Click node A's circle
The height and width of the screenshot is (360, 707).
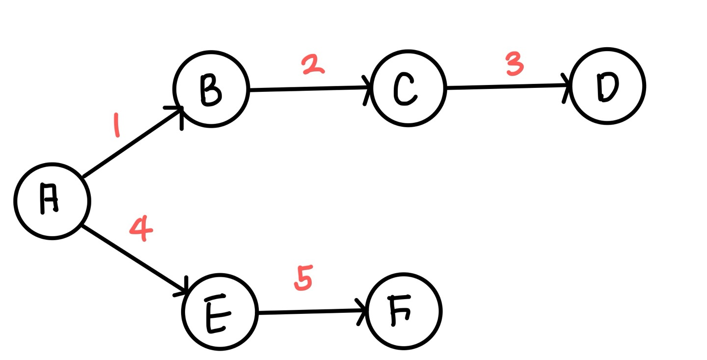pyautogui.click(x=52, y=201)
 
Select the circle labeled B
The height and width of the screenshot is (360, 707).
pyautogui.click(x=211, y=89)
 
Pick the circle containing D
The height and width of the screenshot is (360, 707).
pyautogui.click(x=608, y=87)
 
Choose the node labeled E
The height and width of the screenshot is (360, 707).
pyautogui.click(x=219, y=312)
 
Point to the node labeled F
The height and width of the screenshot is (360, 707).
pyautogui.click(x=405, y=311)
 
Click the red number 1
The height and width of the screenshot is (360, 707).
pyautogui.click(x=116, y=125)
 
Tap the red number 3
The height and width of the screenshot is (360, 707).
pyautogui.click(x=514, y=64)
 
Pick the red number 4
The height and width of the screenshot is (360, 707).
pyautogui.click(x=141, y=229)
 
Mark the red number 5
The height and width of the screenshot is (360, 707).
pyautogui.click(x=303, y=278)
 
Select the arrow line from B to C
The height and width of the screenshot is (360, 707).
pyautogui.click(x=309, y=89)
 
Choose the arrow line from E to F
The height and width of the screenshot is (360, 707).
pyautogui.click(x=312, y=312)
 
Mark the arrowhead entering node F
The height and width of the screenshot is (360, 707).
pyautogui.click(x=363, y=310)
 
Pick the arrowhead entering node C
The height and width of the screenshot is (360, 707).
pyautogui.click(x=367, y=88)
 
